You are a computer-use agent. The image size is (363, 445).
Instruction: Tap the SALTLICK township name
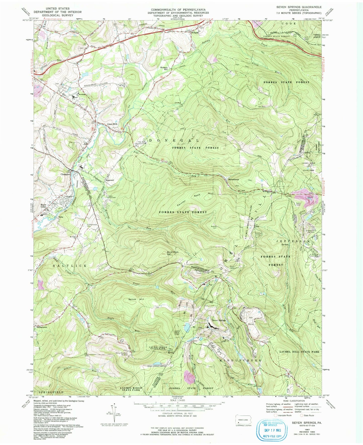click(70, 266)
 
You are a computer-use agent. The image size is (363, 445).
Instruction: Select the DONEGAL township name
click(174, 140)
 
